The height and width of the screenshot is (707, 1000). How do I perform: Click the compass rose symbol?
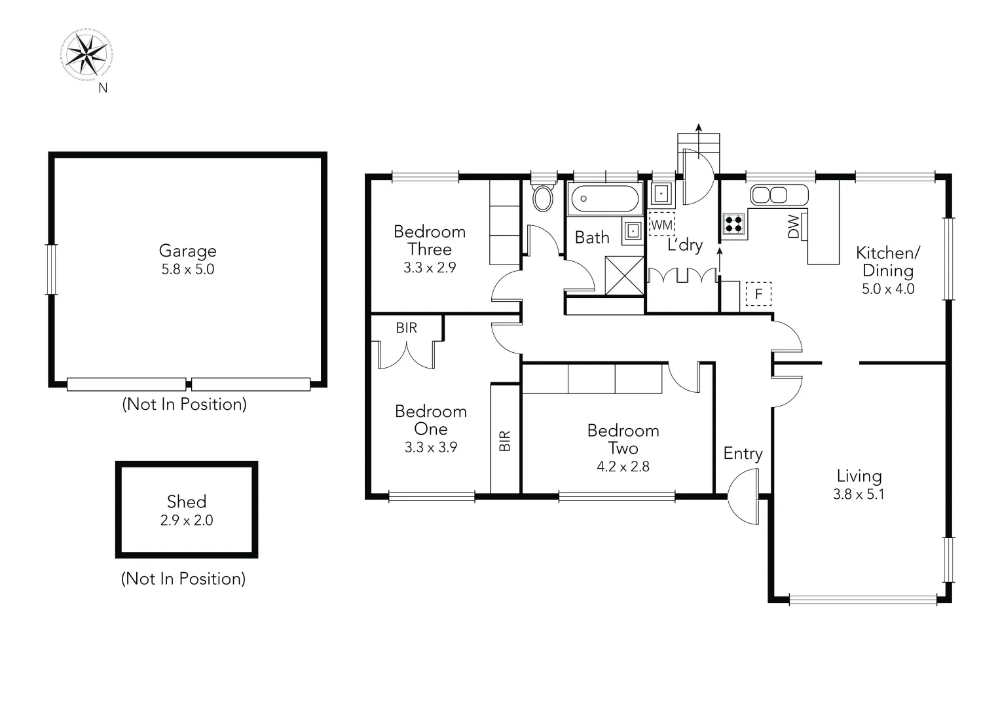(x=86, y=54)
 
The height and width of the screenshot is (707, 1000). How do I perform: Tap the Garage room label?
(x=187, y=251)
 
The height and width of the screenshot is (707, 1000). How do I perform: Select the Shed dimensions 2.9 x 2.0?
(x=187, y=520)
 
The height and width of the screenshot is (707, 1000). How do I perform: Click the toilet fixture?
(x=542, y=197)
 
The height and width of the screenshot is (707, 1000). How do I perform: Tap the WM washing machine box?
(x=661, y=225)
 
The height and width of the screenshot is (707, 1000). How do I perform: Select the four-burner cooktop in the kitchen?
(x=733, y=224)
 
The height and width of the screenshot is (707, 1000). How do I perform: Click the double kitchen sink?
(x=769, y=195)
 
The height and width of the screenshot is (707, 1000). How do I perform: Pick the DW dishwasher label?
(x=794, y=227)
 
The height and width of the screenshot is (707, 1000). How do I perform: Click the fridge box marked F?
(x=758, y=294)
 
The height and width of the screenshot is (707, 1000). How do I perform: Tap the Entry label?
(x=743, y=454)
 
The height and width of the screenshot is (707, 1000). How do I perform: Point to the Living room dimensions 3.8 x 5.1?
(x=859, y=494)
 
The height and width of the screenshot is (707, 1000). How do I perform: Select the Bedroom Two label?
(x=623, y=439)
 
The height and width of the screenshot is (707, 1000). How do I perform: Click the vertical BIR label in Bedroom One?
(x=504, y=441)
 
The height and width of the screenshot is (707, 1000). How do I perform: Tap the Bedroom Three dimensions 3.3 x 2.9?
(x=430, y=268)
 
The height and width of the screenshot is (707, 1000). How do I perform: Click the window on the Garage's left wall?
(x=51, y=269)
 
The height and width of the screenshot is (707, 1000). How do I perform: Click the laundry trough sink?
(x=661, y=194)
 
